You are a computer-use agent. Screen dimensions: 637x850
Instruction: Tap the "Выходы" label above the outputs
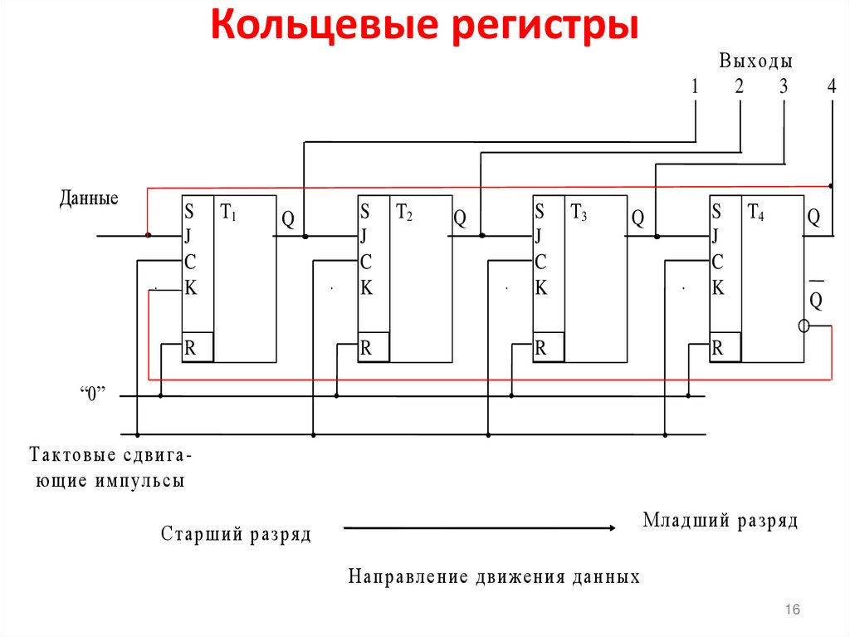(755, 61)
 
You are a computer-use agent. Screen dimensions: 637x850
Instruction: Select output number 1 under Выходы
(695, 86)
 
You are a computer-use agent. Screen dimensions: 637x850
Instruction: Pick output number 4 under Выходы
(832, 86)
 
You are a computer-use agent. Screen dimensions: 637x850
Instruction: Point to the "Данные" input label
(89, 198)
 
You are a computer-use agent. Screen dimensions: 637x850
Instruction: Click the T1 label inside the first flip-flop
(228, 213)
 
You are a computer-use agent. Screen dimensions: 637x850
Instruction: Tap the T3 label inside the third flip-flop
(579, 213)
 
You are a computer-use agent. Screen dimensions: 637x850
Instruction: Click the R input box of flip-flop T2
(374, 348)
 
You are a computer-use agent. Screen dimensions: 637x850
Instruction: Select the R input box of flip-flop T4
(725, 348)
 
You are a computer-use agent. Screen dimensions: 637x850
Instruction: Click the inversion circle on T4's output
(804, 326)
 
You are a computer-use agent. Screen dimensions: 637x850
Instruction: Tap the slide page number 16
(792, 610)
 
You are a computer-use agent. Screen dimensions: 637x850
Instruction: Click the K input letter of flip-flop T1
(191, 288)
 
